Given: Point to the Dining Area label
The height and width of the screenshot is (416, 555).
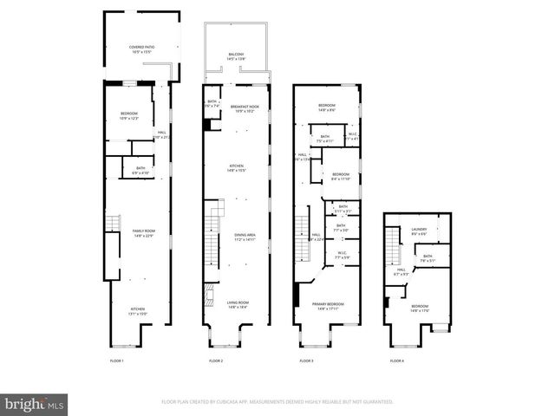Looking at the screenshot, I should click(245, 237).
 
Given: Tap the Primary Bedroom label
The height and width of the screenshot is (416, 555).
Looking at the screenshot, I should click(328, 306).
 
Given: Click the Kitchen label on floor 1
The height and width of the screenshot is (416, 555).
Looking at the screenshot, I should click(139, 311).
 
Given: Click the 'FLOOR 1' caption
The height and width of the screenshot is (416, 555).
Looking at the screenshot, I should click(117, 360).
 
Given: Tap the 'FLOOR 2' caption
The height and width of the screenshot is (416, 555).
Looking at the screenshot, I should click(216, 360).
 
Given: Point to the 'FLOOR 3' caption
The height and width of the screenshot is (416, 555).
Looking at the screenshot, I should click(305, 360).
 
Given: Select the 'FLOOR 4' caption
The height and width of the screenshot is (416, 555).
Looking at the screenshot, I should click(396, 360).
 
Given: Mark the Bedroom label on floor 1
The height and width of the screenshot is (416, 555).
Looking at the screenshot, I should click(128, 116).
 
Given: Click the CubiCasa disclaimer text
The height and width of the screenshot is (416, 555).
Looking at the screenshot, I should click(277, 402).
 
